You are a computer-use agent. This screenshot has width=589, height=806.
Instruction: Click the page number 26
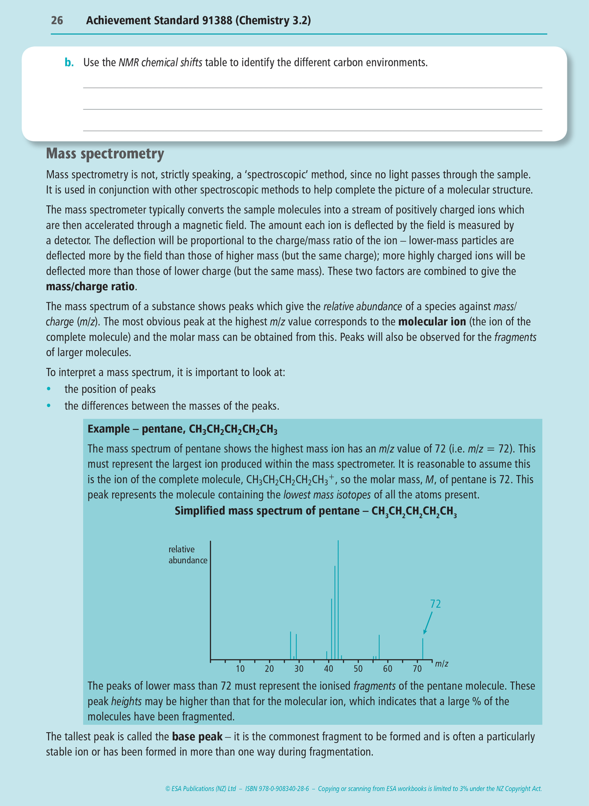[x=57, y=21]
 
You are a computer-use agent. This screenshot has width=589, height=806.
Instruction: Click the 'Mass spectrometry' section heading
[x=105, y=154]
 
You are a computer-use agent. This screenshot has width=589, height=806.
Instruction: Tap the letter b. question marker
[x=69, y=63]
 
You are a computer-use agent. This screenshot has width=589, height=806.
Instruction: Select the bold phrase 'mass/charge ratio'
[x=90, y=286]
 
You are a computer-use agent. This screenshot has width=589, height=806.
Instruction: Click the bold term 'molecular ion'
[x=432, y=322]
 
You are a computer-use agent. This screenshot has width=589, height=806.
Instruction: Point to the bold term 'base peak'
[x=197, y=737]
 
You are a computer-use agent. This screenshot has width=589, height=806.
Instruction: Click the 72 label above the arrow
[x=435, y=604]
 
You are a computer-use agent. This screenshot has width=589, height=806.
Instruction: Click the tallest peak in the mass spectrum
[x=338, y=599]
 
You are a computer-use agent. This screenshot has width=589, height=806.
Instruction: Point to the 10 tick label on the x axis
[x=240, y=669]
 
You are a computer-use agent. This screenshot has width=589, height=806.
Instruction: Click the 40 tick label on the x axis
[x=329, y=669]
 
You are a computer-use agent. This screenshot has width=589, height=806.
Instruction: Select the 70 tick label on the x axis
[x=417, y=669]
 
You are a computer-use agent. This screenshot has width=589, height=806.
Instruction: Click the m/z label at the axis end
[x=441, y=664]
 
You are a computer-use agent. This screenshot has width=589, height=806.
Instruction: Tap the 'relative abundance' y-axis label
[x=188, y=555]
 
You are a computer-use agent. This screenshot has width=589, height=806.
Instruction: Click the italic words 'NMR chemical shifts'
[x=160, y=63]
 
